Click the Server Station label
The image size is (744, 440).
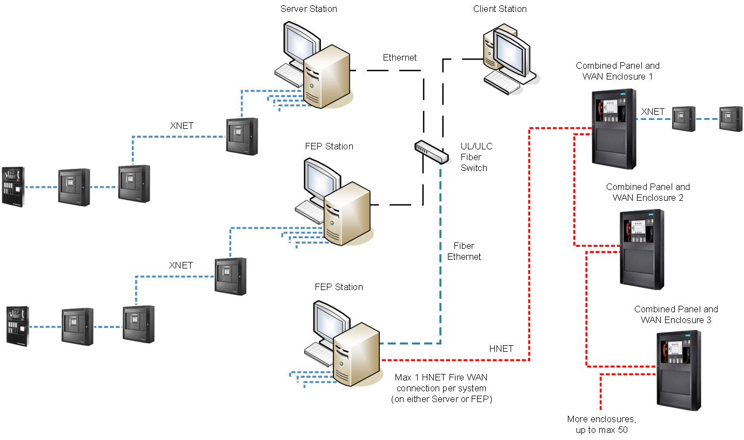309,9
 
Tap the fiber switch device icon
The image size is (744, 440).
431,152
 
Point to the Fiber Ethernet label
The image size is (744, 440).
464,251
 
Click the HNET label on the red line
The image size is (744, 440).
501,349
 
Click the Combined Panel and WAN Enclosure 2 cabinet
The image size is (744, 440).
642,249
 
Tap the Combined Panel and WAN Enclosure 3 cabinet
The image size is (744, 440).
679,370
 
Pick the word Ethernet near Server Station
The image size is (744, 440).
400,57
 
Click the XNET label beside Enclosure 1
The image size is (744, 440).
653,111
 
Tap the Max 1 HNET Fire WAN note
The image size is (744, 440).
441,388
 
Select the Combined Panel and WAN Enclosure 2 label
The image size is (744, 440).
648,192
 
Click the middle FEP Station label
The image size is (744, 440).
329,146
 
